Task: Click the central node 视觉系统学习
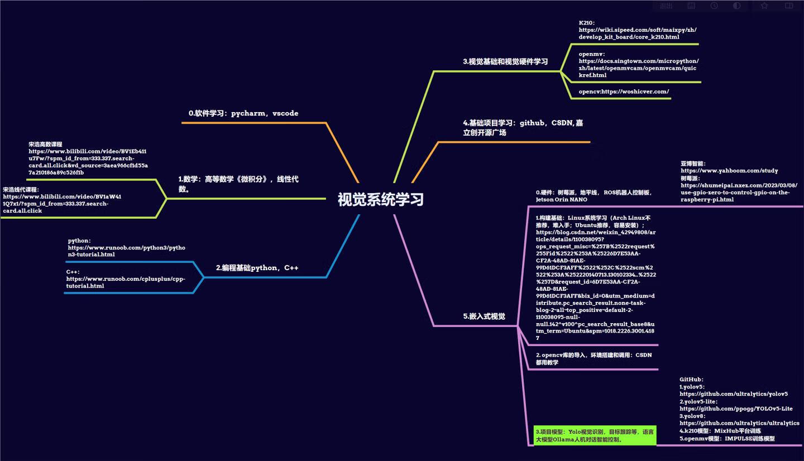pos(380,199)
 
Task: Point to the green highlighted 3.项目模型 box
pos(595,435)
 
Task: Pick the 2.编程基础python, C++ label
pos(257,268)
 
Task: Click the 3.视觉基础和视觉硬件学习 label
pos(505,61)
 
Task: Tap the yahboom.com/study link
pos(729,171)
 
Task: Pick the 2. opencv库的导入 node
pos(593,358)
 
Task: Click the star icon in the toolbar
pos(764,6)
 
